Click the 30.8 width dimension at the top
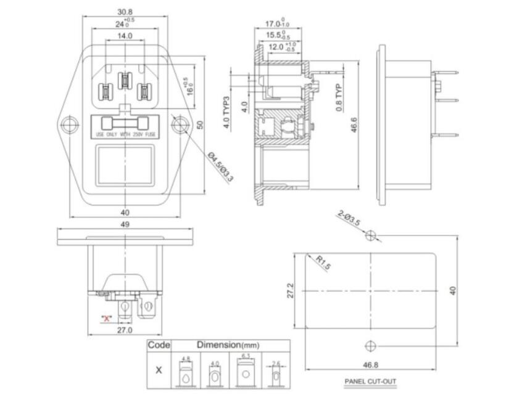coord(125,12)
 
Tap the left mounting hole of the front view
coord(70,125)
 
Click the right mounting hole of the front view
coord(180,125)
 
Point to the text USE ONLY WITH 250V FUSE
coord(125,134)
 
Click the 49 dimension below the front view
coord(125,224)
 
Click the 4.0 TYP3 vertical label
coord(226,112)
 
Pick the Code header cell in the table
coord(159,346)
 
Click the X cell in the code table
coord(159,370)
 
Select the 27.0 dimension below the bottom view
coord(125,330)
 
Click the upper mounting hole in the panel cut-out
coord(370,235)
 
